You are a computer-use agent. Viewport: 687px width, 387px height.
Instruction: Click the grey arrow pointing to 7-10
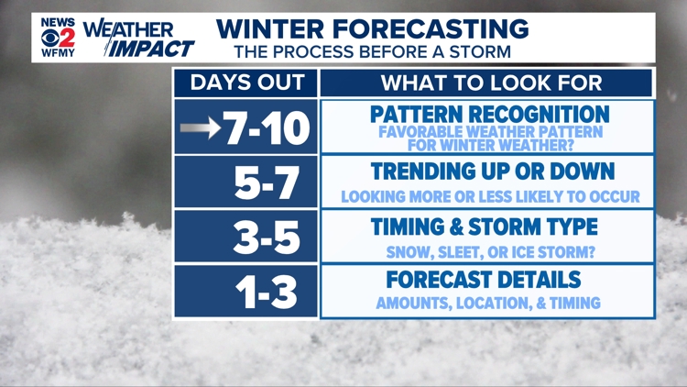pyautogui.click(x=200, y=128)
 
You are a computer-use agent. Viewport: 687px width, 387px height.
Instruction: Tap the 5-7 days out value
pyautogui.click(x=267, y=182)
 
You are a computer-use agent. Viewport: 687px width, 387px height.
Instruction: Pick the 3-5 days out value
pyautogui.click(x=267, y=237)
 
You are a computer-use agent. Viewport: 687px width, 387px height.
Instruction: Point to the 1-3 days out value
pyautogui.click(x=267, y=292)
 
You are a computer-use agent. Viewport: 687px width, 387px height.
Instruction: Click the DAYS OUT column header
pyautogui.click(x=245, y=83)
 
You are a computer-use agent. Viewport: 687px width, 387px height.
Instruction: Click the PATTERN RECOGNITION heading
pyautogui.click(x=490, y=115)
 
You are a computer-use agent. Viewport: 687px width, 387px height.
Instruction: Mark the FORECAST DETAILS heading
pyautogui.click(x=484, y=280)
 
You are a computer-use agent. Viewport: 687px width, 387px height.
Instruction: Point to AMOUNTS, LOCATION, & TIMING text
pyautogui.click(x=488, y=304)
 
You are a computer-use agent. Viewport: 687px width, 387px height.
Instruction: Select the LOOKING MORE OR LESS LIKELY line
pyautogui.click(x=490, y=197)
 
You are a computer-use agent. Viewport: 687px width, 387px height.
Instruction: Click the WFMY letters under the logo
pyautogui.click(x=58, y=54)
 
